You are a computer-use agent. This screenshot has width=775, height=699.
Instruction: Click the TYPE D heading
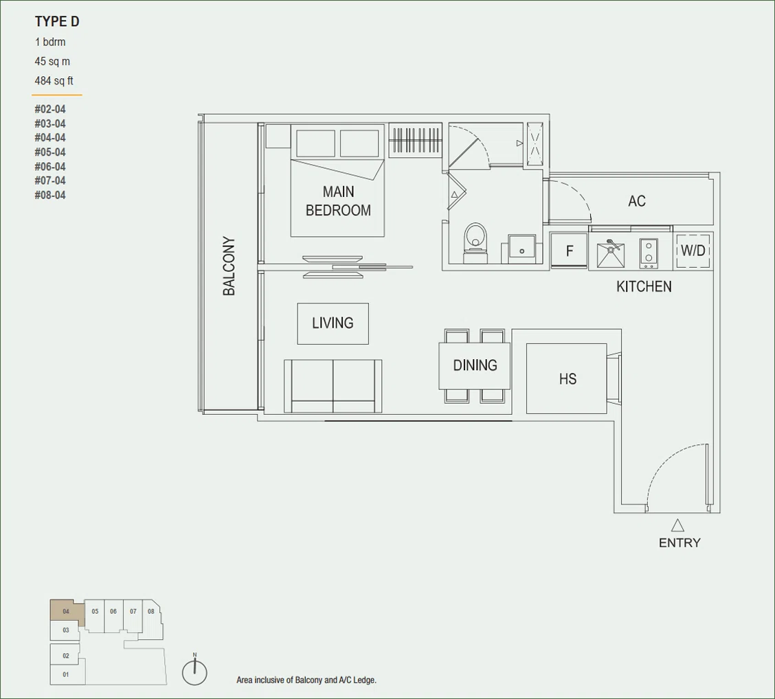pyautogui.click(x=57, y=22)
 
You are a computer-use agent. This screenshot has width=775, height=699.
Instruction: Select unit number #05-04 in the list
pyautogui.click(x=50, y=152)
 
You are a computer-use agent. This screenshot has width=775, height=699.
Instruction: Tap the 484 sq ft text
pyautogui.click(x=54, y=80)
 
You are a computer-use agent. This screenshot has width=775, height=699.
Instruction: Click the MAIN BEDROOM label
pyautogui.click(x=338, y=201)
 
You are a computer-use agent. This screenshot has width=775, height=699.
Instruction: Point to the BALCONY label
pyautogui.click(x=229, y=266)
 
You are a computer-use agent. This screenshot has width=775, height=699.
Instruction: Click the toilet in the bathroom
pyautogui.click(x=475, y=242)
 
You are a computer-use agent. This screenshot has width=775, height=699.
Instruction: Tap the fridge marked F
pyautogui.click(x=569, y=251)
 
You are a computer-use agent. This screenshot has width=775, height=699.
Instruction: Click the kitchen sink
pyautogui.click(x=610, y=253)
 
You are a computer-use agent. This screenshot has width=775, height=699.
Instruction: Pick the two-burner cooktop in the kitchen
pyautogui.click(x=649, y=253)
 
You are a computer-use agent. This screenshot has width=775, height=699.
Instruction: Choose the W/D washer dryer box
pyautogui.click(x=693, y=251)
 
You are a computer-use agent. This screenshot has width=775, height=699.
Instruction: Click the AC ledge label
pyautogui.click(x=637, y=201)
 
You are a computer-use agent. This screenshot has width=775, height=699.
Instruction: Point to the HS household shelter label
pyautogui.click(x=568, y=379)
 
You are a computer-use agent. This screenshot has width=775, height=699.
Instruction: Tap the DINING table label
pyautogui.click(x=475, y=365)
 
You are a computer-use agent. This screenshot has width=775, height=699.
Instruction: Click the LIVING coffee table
pyautogui.click(x=333, y=323)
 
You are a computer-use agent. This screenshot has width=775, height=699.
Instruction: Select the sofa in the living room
pyautogui.click(x=333, y=386)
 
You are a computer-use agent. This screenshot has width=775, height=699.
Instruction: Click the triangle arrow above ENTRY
pyautogui.click(x=677, y=525)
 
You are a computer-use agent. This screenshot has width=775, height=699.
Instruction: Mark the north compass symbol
pyautogui.click(x=194, y=670)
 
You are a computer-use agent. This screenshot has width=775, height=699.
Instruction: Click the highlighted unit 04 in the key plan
pyautogui.click(x=66, y=612)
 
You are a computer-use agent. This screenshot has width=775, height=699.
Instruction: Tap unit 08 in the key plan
pyautogui.click(x=150, y=612)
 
